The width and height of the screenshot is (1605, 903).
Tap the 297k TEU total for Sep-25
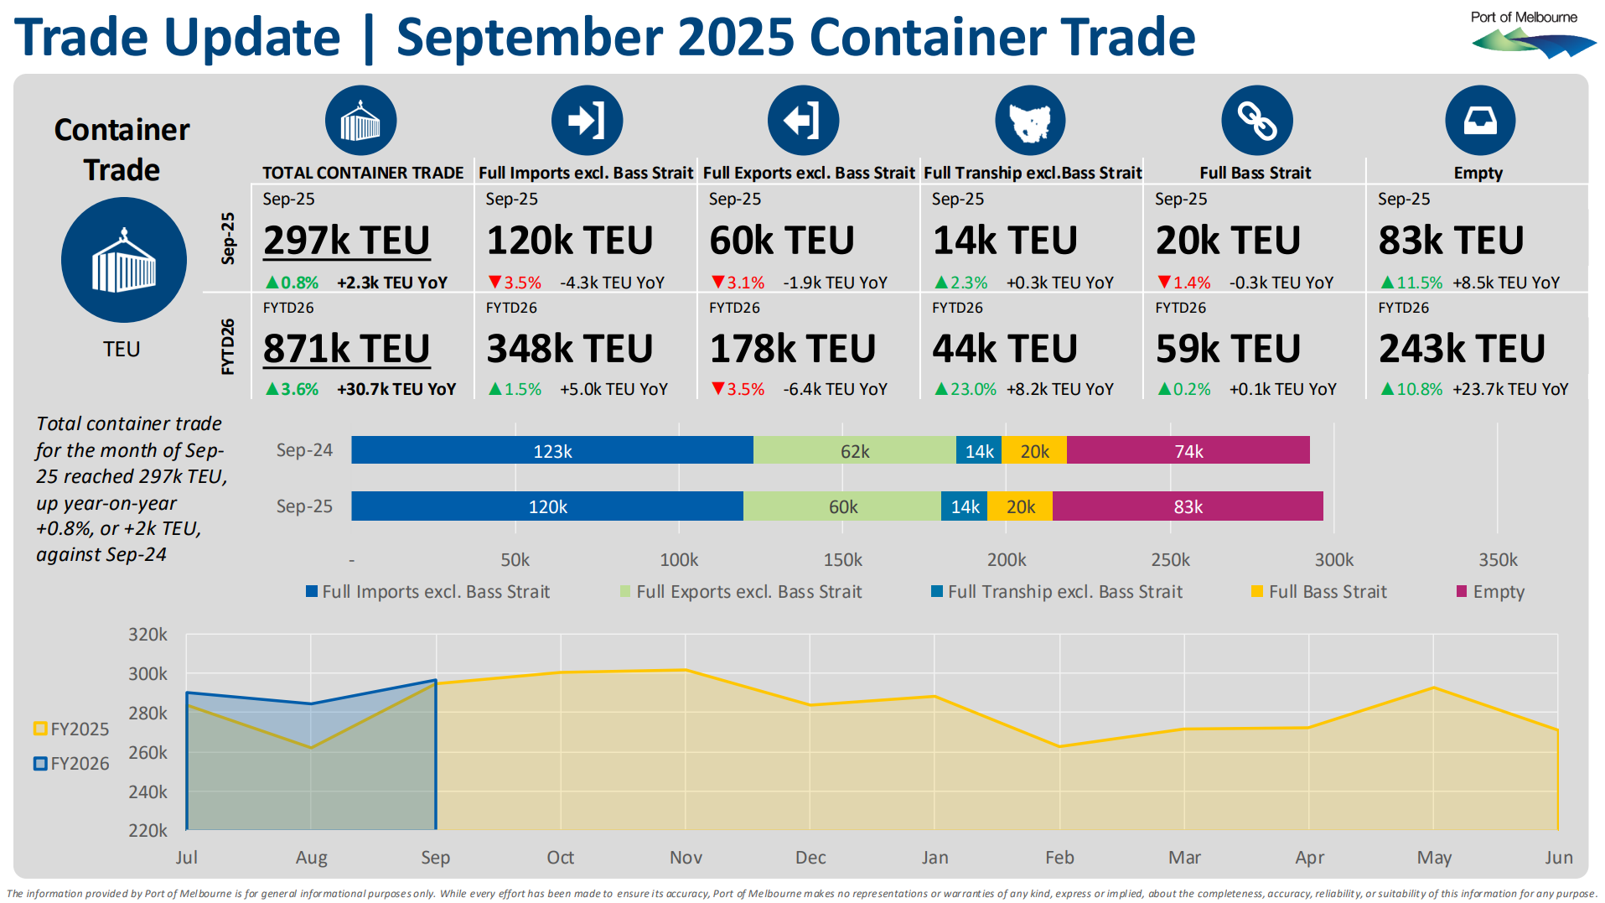tap(346, 241)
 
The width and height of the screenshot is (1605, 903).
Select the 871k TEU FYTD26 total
tap(346, 349)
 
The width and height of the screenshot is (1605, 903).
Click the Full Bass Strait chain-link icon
tap(1256, 121)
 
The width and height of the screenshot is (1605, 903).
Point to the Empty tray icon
tap(1479, 121)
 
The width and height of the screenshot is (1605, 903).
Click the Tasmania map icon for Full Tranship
tap(1030, 121)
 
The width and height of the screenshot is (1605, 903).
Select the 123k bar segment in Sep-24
tap(552, 450)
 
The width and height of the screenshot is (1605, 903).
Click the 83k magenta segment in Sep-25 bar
tap(1188, 506)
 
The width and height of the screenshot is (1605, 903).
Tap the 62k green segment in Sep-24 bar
tap(854, 450)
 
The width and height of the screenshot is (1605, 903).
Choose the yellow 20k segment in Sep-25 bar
tap(1020, 506)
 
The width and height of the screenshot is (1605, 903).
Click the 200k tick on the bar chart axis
tap(1006, 559)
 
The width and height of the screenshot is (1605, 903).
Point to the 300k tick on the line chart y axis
tap(148, 674)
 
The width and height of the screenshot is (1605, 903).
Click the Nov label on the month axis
tap(686, 857)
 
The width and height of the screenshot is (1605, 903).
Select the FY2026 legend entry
tap(72, 764)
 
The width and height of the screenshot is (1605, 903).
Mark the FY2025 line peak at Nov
tap(686, 670)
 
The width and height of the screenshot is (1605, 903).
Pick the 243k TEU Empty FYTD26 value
tap(1462, 349)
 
